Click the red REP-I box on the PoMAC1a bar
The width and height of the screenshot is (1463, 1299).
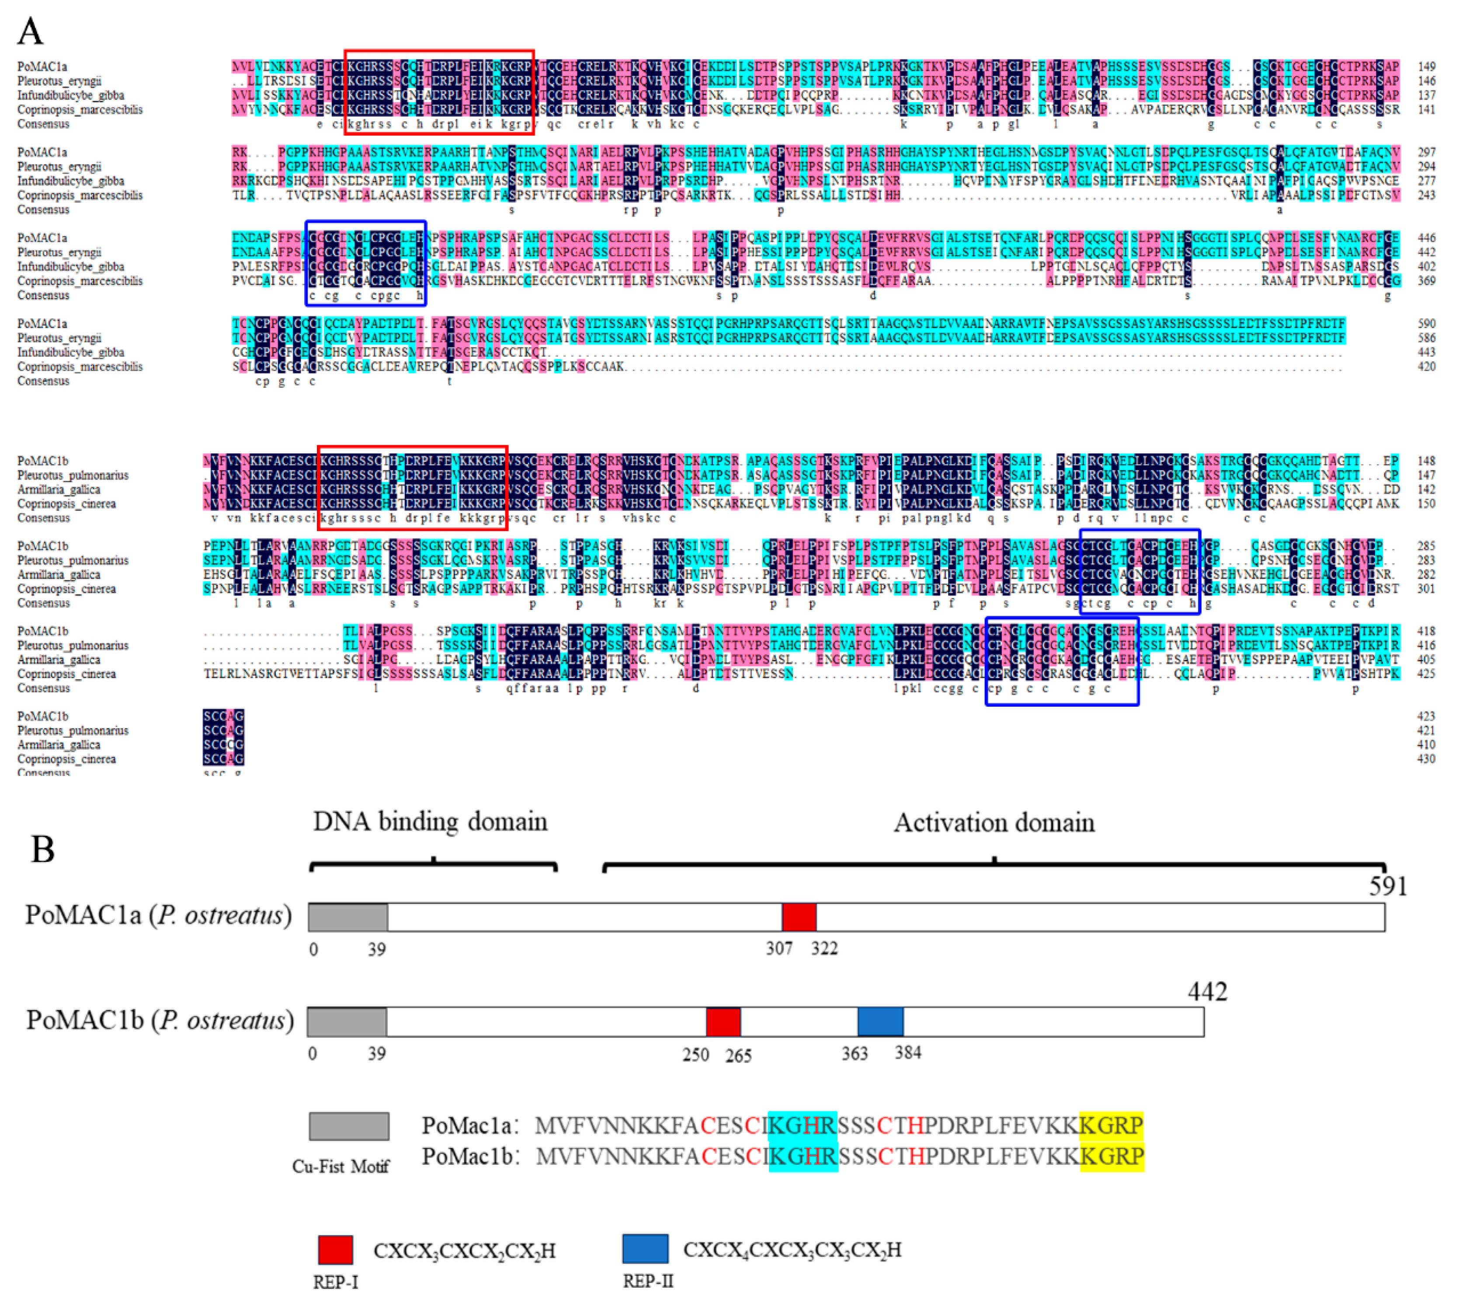pyautogui.click(x=799, y=917)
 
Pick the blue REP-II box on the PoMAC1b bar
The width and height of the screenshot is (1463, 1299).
pyautogui.click(x=880, y=1021)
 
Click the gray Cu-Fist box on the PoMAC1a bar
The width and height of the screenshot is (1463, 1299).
pyautogui.click(x=348, y=917)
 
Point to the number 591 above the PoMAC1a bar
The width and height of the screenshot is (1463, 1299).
pyautogui.click(x=1388, y=886)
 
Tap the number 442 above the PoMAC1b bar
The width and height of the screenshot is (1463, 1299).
pyautogui.click(x=1207, y=991)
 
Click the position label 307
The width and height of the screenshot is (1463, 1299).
pyautogui.click(x=779, y=948)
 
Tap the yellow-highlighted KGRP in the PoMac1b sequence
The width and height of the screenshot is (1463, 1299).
pyautogui.click(x=1112, y=1156)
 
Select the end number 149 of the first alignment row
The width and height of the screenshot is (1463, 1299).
pyautogui.click(x=1426, y=66)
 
